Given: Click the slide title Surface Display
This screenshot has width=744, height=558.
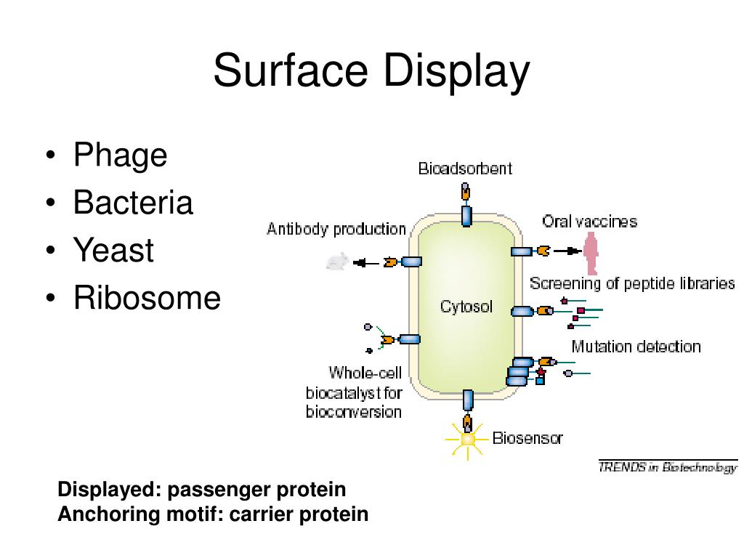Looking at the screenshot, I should (x=371, y=72).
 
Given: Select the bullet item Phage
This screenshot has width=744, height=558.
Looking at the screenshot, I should (x=120, y=155).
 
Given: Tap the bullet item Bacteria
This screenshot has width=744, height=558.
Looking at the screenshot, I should (x=133, y=203).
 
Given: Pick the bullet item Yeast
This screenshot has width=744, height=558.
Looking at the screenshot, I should (x=113, y=251).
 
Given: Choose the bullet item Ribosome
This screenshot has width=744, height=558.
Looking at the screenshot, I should (x=147, y=298).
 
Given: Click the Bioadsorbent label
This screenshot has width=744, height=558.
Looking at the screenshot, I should (x=465, y=169).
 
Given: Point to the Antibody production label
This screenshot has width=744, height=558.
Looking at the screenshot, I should (x=336, y=229).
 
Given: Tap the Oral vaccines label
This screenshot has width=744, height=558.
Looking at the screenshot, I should (x=589, y=222).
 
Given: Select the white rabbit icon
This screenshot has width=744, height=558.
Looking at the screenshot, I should (x=336, y=262).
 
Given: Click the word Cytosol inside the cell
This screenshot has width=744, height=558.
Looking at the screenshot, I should (x=466, y=307).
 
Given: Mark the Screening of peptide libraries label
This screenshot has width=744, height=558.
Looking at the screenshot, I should (x=632, y=283).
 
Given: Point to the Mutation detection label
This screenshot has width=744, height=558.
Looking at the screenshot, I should (x=636, y=347).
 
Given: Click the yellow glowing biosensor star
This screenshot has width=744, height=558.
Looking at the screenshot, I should (x=467, y=439).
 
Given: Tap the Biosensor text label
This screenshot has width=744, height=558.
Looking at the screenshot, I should (x=527, y=438).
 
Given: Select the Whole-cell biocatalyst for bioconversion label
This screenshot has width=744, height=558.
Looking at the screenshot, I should (x=355, y=392).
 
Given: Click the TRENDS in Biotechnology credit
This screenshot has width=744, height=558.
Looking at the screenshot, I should (x=667, y=468).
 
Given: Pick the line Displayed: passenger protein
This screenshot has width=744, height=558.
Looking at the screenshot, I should (x=202, y=490).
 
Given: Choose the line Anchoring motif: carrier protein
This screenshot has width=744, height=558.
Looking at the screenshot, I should (x=213, y=514).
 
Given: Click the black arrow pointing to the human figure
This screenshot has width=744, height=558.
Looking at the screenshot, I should (x=567, y=251).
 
